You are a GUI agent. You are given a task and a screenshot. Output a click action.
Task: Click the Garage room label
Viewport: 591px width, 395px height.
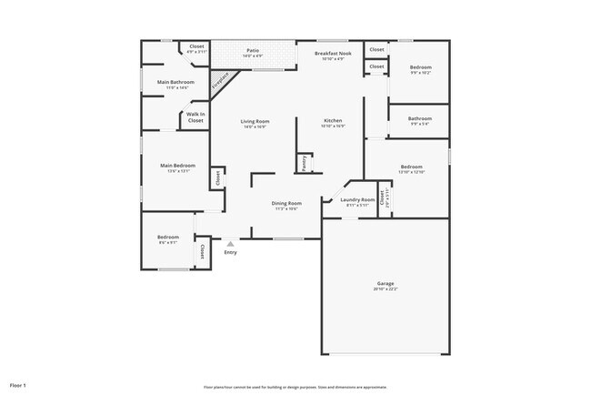click(386, 283)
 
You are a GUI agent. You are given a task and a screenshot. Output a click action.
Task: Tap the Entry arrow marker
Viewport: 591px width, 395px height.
click(230, 244)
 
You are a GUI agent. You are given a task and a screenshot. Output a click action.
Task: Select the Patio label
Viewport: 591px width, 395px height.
click(253, 51)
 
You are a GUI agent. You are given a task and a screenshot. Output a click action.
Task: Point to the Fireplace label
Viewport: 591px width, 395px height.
click(218, 83)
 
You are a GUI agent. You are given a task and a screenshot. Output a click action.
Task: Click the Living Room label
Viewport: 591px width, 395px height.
click(255, 121)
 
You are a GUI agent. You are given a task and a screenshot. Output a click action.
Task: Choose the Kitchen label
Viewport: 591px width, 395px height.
click(333, 121)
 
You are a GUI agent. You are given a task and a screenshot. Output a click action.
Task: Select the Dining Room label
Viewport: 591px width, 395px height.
click(286, 203)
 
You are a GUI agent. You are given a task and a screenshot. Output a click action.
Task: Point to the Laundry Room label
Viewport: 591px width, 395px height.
click(357, 199)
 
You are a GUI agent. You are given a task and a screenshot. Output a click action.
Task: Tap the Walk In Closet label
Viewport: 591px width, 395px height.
click(195, 117)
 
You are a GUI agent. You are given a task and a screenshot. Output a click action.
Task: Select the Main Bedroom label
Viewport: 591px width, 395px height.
click(178, 166)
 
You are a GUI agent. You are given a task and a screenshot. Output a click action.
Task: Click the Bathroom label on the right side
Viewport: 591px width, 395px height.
click(419, 117)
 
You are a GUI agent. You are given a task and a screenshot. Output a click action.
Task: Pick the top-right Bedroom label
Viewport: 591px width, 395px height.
click(419, 68)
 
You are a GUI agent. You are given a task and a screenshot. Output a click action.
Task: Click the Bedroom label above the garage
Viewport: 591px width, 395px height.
click(412, 167)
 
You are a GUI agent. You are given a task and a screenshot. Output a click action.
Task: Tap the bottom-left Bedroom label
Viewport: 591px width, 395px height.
click(168, 237)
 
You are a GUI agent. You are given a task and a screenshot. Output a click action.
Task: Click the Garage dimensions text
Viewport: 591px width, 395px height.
click(386, 289)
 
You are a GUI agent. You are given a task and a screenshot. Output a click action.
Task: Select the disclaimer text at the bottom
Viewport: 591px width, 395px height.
click(295, 387)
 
